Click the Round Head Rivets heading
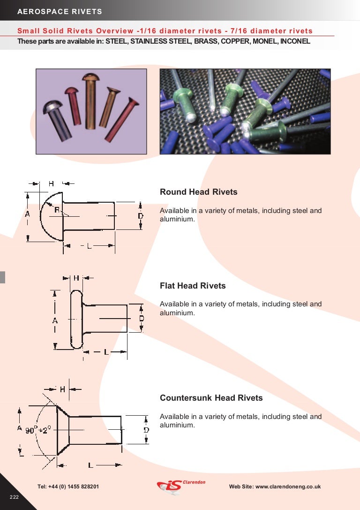point(198,192)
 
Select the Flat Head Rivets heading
point(193,286)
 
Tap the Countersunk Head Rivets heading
point(211,398)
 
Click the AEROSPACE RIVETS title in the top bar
point(60,11)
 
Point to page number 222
point(14,497)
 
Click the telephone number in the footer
point(68,487)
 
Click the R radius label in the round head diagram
point(56,210)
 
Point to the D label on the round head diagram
point(141,216)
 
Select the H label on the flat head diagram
point(76,278)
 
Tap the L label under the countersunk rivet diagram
point(90,465)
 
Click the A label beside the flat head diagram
point(55,320)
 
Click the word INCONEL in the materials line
point(295,41)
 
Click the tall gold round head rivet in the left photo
point(90,101)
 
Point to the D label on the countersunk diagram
point(146,430)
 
